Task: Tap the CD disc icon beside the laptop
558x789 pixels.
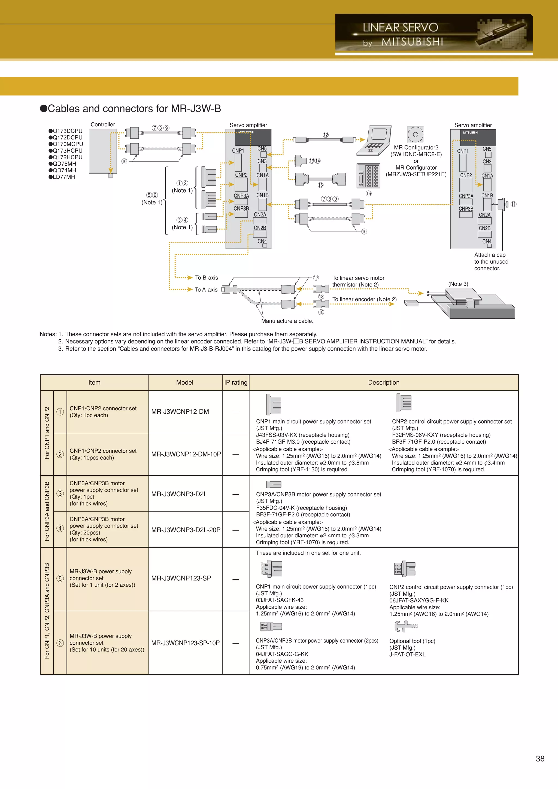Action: coord(415,134)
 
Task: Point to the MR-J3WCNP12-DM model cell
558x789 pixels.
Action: coord(180,412)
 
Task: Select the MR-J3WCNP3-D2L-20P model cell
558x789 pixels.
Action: coord(186,530)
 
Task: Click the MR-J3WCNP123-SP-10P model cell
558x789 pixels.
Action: coord(185,643)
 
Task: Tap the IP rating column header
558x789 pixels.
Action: coord(236,382)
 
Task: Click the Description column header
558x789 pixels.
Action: coord(384,382)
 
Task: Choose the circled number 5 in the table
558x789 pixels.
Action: coord(60,578)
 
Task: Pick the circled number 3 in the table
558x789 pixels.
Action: coord(60,493)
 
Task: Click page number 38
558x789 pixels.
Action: coord(540,759)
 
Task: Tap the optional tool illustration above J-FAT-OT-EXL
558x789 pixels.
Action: coord(406,626)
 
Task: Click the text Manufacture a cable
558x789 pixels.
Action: coord(287,321)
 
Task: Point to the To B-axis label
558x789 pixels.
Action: coord(206,278)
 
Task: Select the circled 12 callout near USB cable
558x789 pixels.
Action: coord(325,135)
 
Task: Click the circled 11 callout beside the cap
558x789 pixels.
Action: coord(513,204)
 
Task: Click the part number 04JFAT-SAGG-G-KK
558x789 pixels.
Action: coord(282,654)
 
